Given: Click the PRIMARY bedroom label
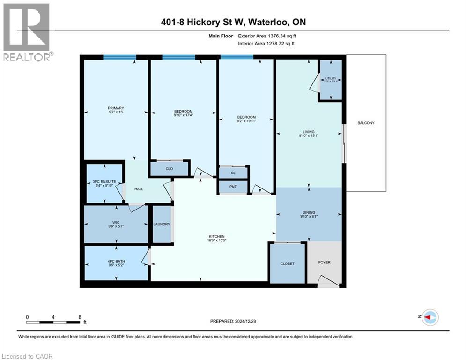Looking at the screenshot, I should pyautogui.click(x=115, y=108).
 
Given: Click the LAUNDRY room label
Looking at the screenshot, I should pyautogui.click(x=162, y=225).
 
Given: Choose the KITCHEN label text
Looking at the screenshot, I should pyautogui.click(x=217, y=236).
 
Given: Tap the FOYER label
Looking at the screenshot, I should pyautogui.click(x=324, y=262).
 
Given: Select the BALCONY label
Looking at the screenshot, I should pyautogui.click(x=366, y=123).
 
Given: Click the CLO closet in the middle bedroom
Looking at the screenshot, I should pyautogui.click(x=169, y=169).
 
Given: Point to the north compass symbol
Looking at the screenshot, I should pyautogui.click(x=429, y=317).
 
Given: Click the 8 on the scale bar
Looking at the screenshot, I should pyautogui.click(x=81, y=317).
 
